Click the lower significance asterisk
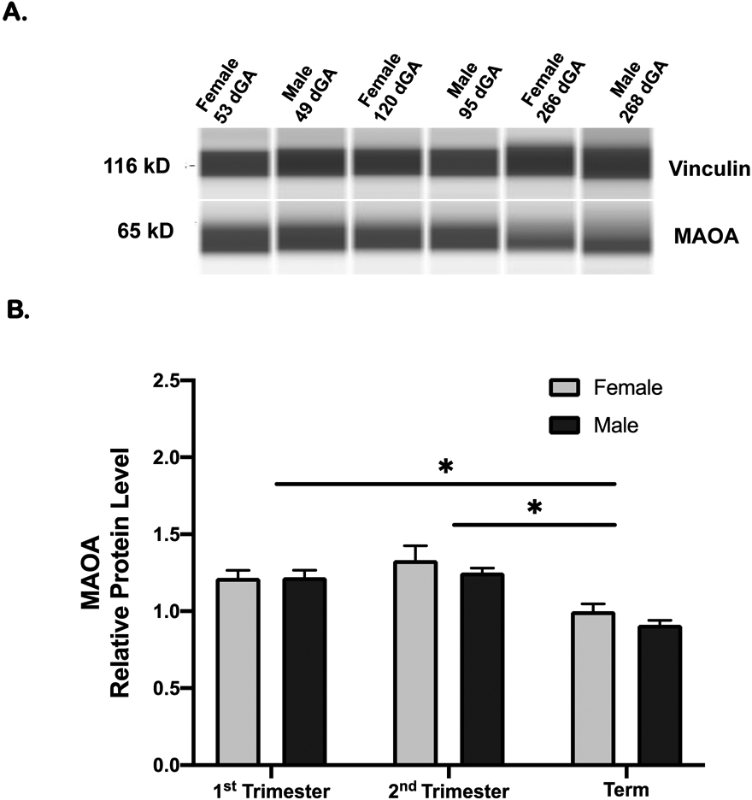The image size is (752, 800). pyautogui.click(x=534, y=509)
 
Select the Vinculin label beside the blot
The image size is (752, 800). pyautogui.click(x=709, y=169)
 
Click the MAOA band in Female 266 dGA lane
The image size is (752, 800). pyautogui.click(x=543, y=235)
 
